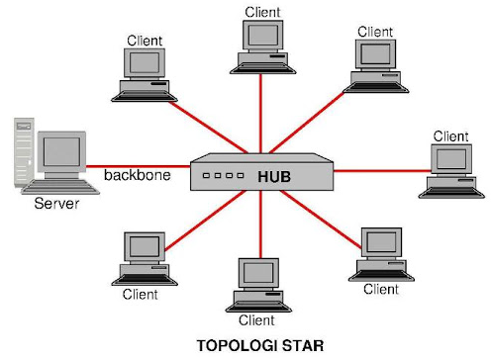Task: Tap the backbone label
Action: click(138, 175)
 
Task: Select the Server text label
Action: click(56, 205)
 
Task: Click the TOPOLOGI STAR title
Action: click(260, 345)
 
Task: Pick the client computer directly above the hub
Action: click(262, 45)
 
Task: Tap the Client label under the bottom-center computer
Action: click(256, 319)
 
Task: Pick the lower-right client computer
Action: click(380, 253)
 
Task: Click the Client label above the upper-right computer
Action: click(375, 32)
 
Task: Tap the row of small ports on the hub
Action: click(223, 176)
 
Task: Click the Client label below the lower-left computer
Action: click(141, 294)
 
